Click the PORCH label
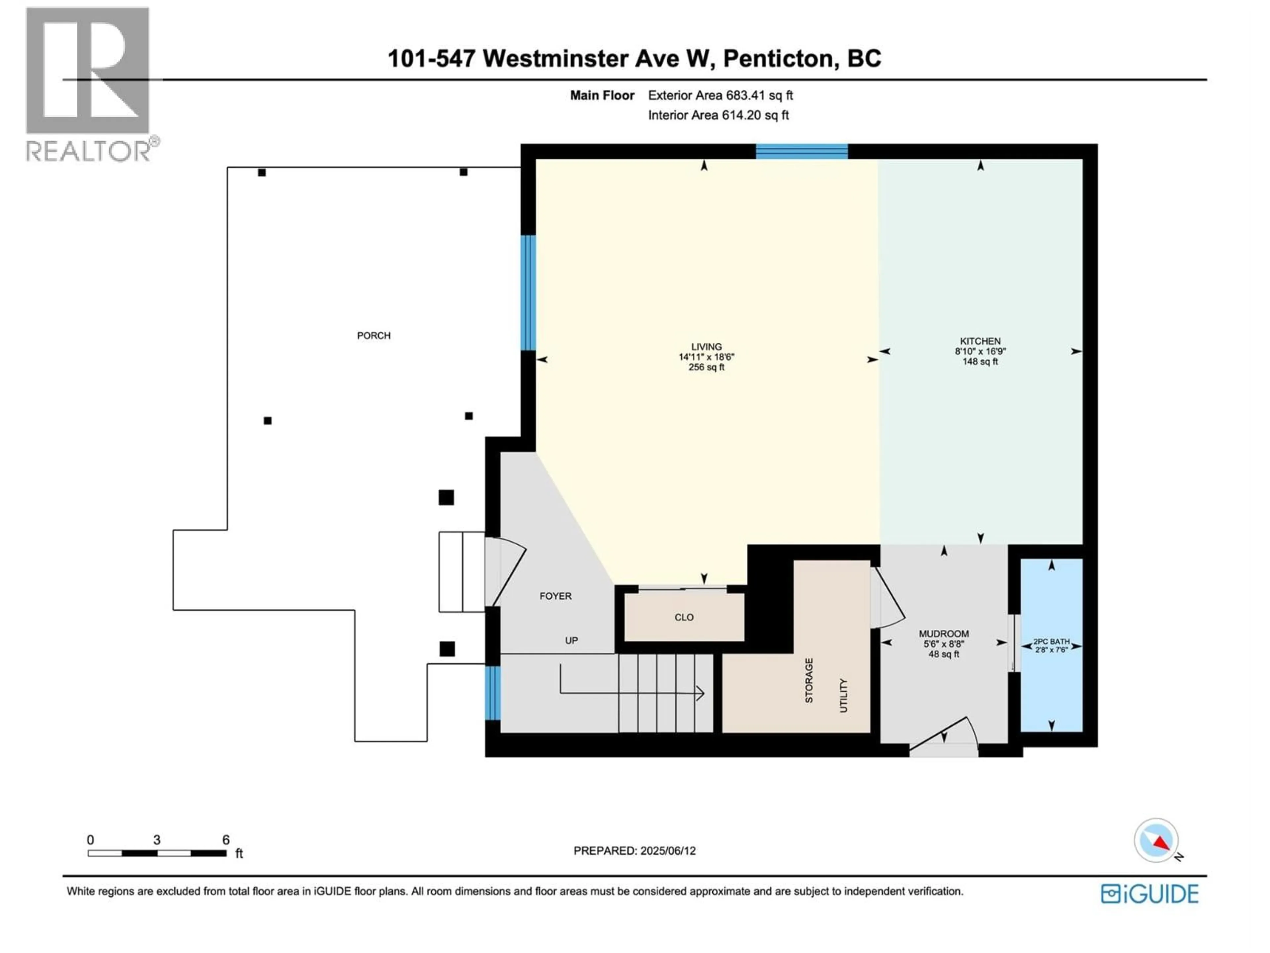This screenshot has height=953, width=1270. (374, 336)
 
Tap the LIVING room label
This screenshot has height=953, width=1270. (706, 347)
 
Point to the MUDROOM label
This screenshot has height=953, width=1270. (943, 634)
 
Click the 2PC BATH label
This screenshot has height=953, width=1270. (1051, 642)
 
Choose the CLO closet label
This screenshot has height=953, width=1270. (684, 617)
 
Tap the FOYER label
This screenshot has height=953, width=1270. (555, 596)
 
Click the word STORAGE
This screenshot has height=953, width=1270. (809, 681)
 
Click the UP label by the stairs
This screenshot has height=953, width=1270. (571, 641)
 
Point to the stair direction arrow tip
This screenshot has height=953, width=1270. (703, 693)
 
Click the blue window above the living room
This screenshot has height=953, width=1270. (801, 152)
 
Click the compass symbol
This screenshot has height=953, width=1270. (1156, 840)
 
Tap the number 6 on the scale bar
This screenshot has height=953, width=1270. (226, 840)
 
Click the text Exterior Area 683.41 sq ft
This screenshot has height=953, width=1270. (720, 95)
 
